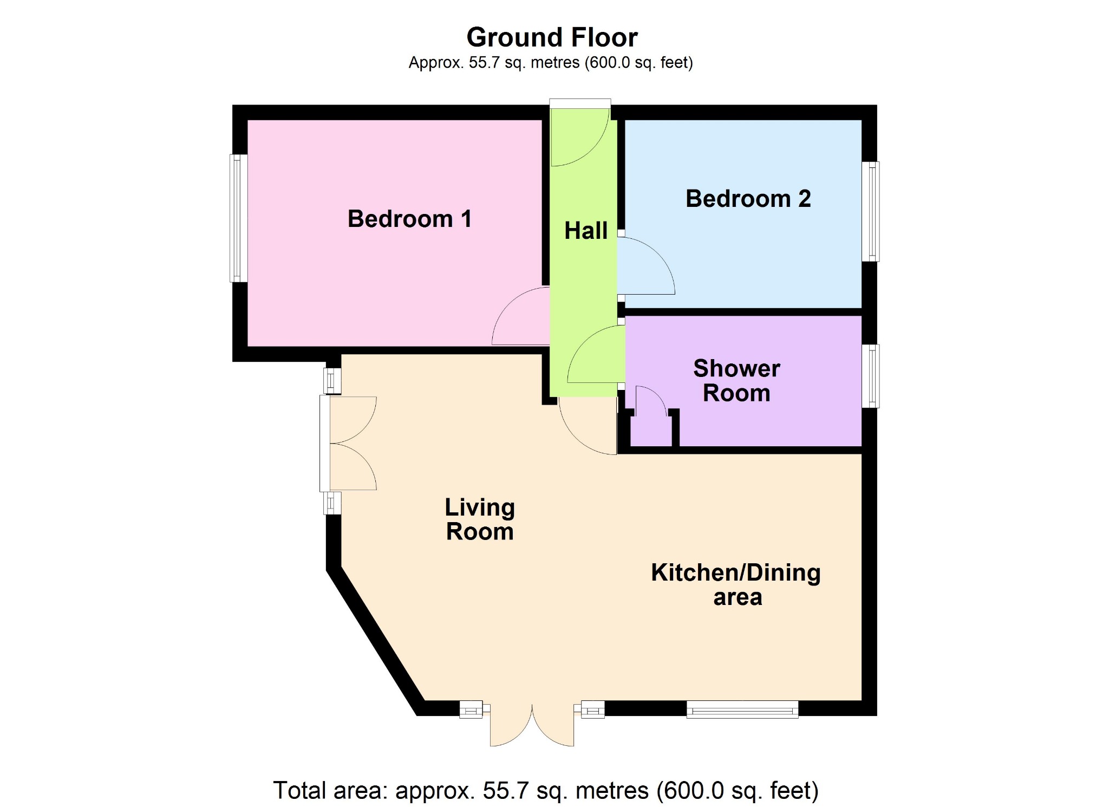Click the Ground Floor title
[x=552, y=37]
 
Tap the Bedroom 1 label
[x=409, y=219]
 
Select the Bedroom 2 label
[x=748, y=198]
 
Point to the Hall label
[x=586, y=231]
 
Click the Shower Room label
[x=736, y=381]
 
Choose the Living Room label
[x=480, y=519]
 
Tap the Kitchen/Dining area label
[x=736, y=585]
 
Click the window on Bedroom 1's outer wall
[x=239, y=218]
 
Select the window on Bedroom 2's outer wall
[x=870, y=211]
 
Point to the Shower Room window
[x=870, y=376]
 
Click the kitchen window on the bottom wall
[x=742, y=709]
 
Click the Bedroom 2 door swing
[x=646, y=265]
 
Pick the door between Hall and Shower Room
[x=596, y=354]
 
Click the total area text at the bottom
[x=546, y=790]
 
